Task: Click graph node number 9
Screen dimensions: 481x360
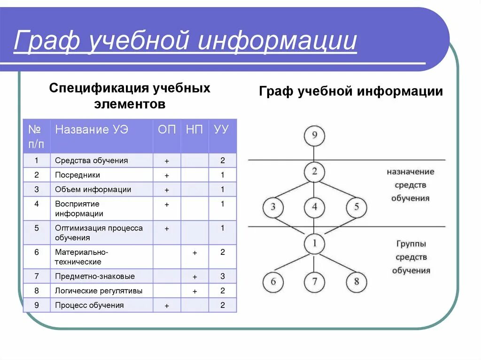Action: [x=314, y=137]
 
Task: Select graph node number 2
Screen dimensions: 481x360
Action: [x=314, y=172]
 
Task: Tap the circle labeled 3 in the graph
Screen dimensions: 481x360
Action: [x=273, y=207]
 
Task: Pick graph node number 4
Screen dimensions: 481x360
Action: [x=314, y=207]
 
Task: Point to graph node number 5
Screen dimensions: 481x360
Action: [x=356, y=207]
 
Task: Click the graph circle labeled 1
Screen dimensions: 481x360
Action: [x=314, y=243]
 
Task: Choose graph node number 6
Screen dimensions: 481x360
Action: [x=273, y=282]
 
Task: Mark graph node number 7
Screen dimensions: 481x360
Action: [x=314, y=282]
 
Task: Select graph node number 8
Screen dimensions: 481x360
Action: [x=356, y=282]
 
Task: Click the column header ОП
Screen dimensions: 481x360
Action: [x=167, y=130]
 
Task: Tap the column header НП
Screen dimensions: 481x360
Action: [x=194, y=130]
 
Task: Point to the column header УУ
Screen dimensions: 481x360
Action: [x=222, y=130]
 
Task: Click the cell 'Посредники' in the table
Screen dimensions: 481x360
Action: [x=78, y=175]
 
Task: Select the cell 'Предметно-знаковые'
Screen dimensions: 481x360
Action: [x=95, y=276]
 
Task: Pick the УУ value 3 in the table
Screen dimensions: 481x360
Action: [x=222, y=276]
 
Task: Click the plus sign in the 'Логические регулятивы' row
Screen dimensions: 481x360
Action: [x=194, y=291]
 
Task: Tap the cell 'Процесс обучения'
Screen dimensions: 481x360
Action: [x=89, y=306]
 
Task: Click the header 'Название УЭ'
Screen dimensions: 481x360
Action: [x=92, y=130]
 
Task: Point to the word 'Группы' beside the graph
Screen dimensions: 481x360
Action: [x=411, y=244]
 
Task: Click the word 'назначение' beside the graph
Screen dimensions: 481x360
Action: [x=411, y=172]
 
